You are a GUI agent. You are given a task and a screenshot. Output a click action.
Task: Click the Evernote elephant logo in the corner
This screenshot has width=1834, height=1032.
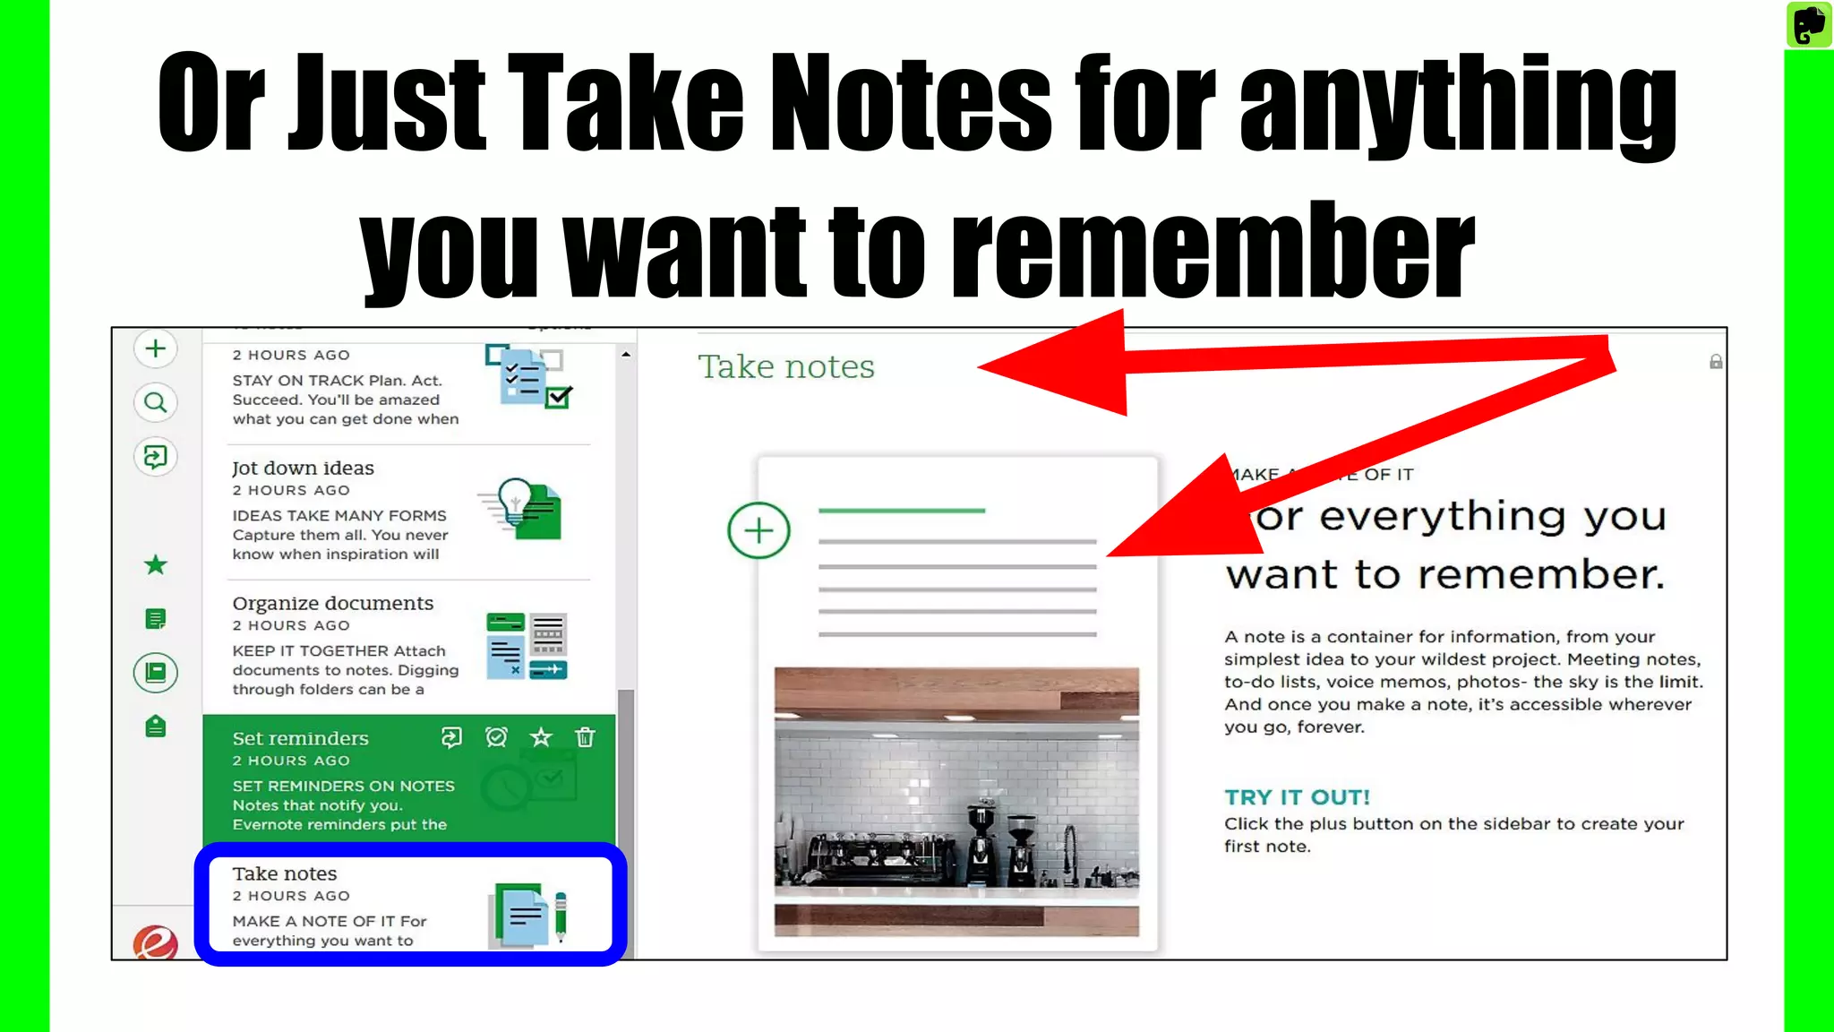point(1809,23)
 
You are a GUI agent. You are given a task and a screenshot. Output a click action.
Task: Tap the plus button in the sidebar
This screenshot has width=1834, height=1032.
point(156,348)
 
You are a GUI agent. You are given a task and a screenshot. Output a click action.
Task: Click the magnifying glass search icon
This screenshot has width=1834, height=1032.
point(156,402)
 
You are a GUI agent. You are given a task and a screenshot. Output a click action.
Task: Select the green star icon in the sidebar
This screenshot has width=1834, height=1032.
point(156,564)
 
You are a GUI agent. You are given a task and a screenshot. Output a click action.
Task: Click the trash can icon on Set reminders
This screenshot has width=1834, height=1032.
point(585,737)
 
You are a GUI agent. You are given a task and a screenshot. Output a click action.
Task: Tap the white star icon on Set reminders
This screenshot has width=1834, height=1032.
point(541,737)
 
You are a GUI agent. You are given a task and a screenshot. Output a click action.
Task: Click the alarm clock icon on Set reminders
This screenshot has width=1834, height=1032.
point(496,737)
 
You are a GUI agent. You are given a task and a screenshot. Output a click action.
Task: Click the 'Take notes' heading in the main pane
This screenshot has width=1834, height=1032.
point(785,366)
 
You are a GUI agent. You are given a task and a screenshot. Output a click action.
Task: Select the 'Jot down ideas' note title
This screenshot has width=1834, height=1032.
point(303,468)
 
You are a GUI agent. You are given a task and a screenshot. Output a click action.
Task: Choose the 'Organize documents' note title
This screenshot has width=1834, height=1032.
point(332,603)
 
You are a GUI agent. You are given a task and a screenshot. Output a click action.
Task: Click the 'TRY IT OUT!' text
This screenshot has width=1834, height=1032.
point(1297,797)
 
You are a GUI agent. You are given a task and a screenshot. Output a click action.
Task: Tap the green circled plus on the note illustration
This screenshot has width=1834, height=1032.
point(758,530)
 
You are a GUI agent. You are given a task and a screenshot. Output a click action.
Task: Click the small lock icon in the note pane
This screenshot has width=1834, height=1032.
point(1716,362)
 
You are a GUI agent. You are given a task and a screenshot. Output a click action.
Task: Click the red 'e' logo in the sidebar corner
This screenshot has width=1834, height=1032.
point(156,943)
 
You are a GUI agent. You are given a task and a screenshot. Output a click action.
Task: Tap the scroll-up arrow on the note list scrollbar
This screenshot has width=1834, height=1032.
point(626,355)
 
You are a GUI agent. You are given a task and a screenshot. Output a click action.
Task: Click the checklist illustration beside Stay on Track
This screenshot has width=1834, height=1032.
point(528,377)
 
